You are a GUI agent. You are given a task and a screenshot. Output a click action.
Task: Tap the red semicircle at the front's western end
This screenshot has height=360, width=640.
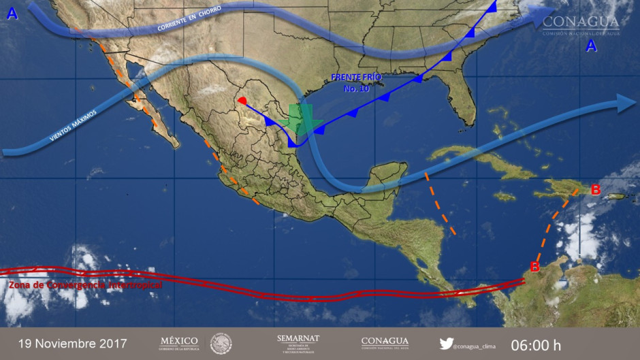242,101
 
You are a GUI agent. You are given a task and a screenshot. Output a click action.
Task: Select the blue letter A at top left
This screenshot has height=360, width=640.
12,13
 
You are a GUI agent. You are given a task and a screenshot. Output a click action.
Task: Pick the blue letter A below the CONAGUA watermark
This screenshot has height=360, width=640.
591,46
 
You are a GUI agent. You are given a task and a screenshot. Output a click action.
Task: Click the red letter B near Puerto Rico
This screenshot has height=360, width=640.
595,190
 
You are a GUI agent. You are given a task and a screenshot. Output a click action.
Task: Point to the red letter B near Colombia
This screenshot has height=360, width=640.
535,267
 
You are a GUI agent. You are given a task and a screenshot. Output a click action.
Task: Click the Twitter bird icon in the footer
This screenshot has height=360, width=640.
446,344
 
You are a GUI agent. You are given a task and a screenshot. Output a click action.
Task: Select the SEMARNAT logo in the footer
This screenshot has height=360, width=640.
298,342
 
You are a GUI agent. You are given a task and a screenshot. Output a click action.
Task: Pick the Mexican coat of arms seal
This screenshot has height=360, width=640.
221,343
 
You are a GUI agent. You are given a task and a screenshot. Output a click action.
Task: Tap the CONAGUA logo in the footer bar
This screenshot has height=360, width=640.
385,342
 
